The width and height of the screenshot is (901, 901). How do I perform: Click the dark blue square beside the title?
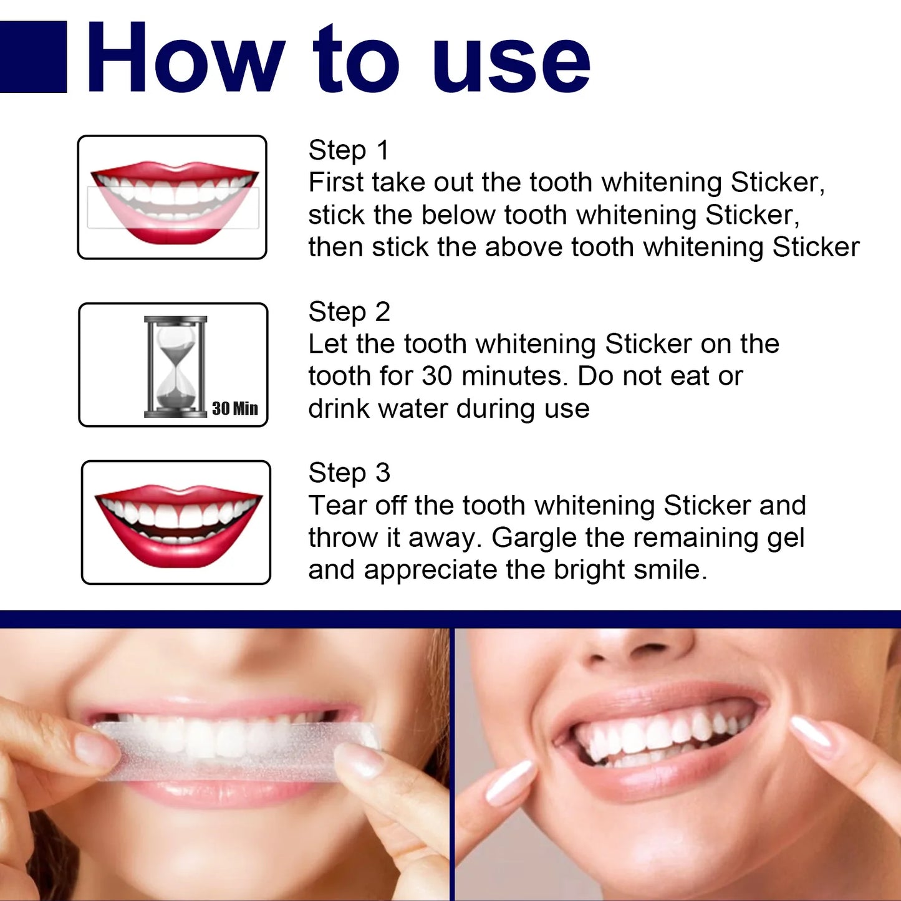[32, 57]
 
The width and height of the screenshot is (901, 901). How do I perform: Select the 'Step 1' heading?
[349, 150]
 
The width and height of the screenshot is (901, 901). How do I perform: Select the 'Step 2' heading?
[349, 312]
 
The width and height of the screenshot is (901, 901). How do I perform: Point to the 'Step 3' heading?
[349, 473]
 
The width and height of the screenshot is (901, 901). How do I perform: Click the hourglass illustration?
[175, 366]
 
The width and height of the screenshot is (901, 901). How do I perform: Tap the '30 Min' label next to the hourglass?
[234, 408]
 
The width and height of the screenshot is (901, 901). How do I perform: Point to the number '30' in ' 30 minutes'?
[437, 376]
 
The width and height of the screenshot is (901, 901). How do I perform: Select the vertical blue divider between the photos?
[452, 764]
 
